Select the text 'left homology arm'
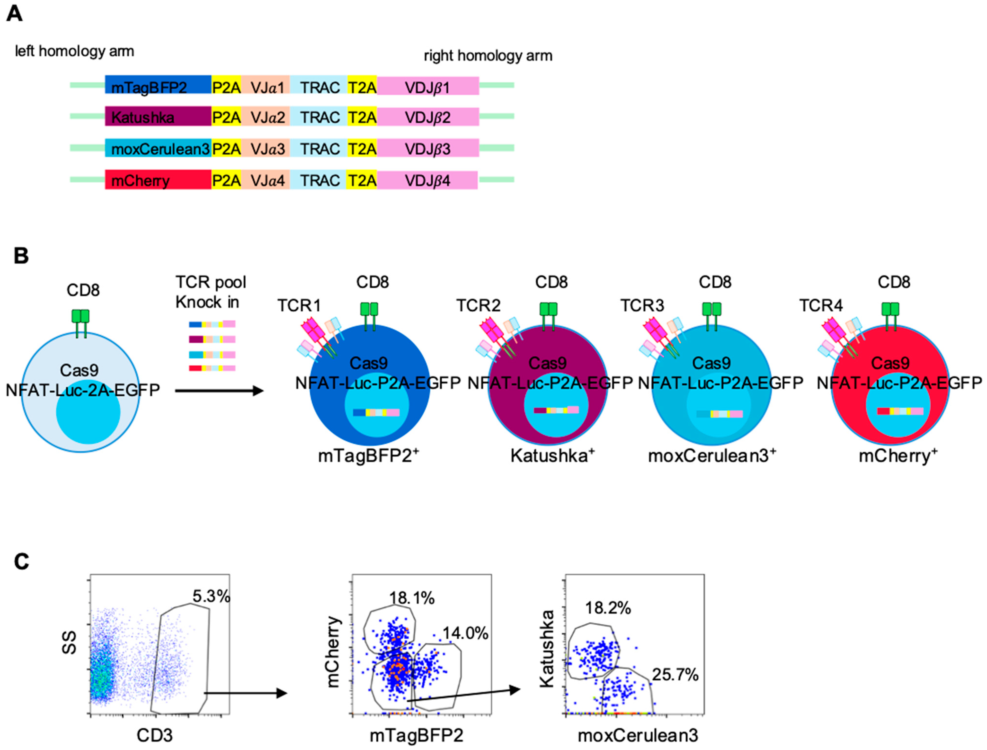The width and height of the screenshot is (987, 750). click(x=75, y=51)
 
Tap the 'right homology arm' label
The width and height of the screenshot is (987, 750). click(x=488, y=56)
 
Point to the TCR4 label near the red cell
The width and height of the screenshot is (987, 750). click(x=821, y=306)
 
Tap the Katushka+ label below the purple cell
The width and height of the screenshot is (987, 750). click(x=552, y=456)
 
